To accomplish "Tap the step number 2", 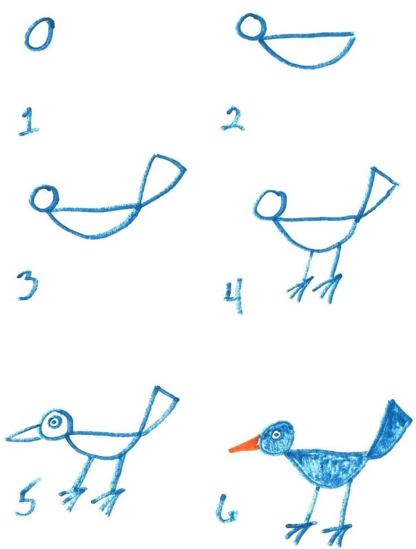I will [x=233, y=119].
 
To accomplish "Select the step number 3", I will [x=26, y=286].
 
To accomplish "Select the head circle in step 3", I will [x=45, y=199].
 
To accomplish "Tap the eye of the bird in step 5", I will [x=55, y=421].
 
